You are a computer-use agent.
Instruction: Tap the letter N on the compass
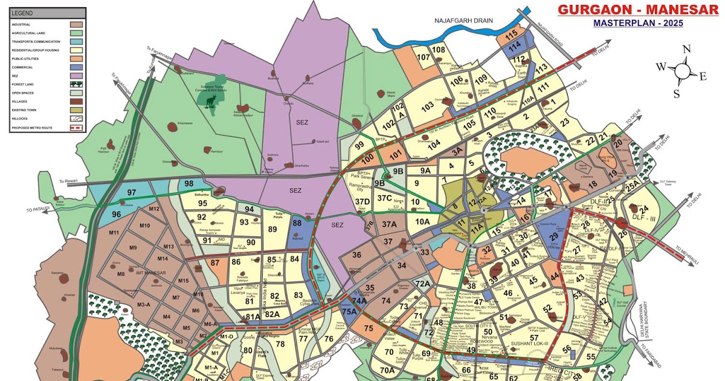click(686, 50)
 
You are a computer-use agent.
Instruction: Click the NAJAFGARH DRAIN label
click(463, 20)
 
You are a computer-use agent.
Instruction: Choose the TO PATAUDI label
click(40, 209)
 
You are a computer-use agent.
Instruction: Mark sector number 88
click(297, 223)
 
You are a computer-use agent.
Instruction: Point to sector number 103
click(428, 106)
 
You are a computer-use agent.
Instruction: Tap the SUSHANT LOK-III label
click(529, 344)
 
